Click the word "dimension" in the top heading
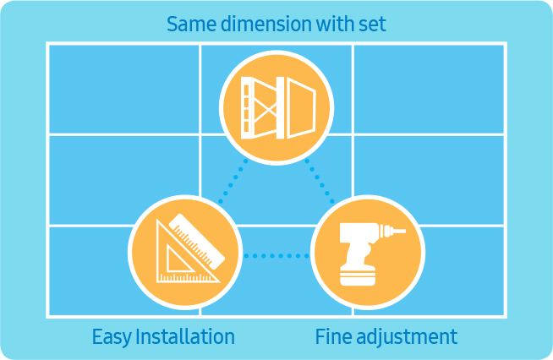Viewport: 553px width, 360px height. (x=266, y=24)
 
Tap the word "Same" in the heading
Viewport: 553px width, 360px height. (x=191, y=25)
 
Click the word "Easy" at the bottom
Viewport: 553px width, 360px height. (x=112, y=336)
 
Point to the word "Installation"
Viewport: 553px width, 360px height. (x=185, y=336)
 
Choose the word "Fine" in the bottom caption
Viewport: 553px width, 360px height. (x=333, y=336)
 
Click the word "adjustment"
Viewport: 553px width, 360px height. (x=407, y=337)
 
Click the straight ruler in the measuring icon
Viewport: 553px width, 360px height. (x=197, y=242)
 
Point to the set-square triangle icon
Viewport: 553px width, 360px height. (x=184, y=255)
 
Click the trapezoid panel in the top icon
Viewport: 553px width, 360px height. (x=301, y=107)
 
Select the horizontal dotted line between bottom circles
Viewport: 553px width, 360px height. (x=276, y=255)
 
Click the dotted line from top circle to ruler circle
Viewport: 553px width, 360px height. (x=233, y=181)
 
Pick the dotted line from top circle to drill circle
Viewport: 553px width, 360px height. (x=320, y=181)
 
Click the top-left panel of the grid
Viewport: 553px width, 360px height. (x=124, y=90)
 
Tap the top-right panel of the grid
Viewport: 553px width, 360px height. (x=429, y=90)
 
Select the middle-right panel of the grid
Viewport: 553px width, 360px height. (x=429, y=180)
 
